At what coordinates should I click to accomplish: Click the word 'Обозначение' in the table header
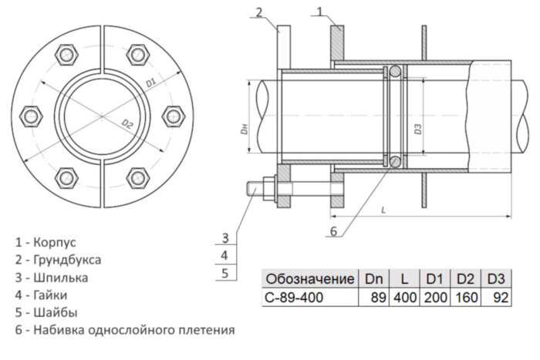point(309,278)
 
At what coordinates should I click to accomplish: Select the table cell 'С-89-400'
point(294,297)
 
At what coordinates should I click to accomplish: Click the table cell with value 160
point(465,297)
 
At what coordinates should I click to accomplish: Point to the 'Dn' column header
point(373,278)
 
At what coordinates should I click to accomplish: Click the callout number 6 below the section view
point(333,230)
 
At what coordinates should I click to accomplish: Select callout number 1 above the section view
point(321,11)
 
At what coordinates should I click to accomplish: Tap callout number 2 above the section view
point(260,11)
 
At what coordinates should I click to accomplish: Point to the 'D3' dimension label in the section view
point(417,128)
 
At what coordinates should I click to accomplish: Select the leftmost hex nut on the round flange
point(32,116)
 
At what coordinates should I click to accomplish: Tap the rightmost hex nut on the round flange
point(172,116)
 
